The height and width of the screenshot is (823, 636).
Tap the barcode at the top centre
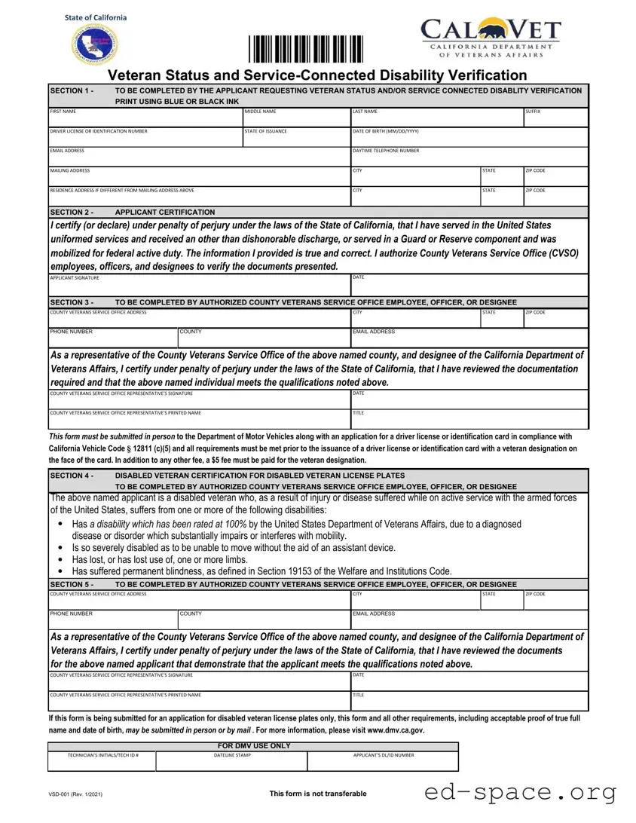[x=306, y=50]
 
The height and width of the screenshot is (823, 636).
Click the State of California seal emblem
[x=96, y=45]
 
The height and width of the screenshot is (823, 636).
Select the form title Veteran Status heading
[x=317, y=75]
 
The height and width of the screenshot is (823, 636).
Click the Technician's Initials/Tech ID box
[x=102, y=762]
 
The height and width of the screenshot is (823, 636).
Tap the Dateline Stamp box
[x=232, y=762]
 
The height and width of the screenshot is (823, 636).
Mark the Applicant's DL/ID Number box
[x=383, y=762]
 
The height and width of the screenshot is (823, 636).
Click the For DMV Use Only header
[x=253, y=746]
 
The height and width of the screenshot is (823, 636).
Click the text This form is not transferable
[x=318, y=794]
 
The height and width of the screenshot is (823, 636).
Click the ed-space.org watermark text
[x=521, y=792]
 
